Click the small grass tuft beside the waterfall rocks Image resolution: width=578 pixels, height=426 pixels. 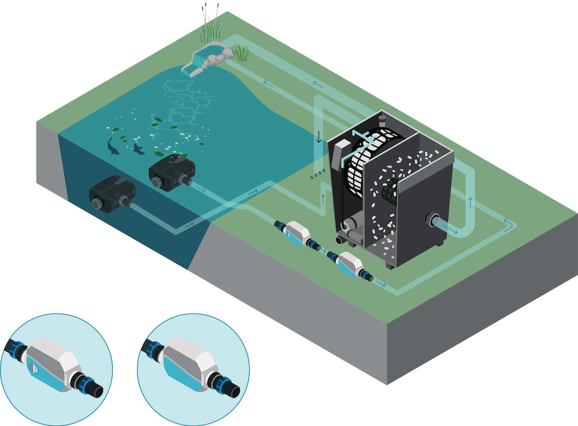click(x=242, y=53)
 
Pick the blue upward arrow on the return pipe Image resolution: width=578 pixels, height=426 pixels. click(x=470, y=203)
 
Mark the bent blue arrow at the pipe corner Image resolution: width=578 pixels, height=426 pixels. click(x=508, y=225)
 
